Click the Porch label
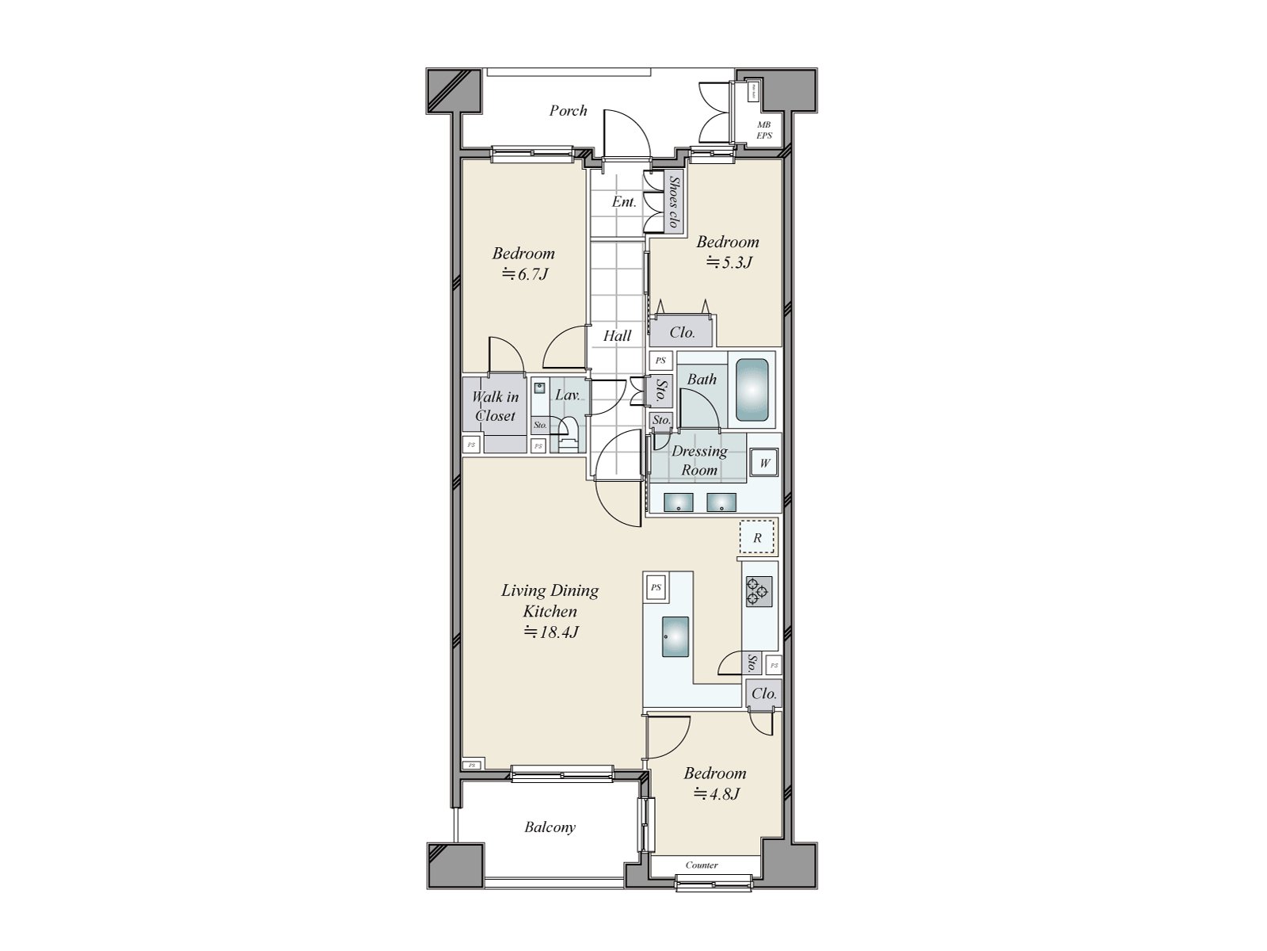569,111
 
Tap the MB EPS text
763,130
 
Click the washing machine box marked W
764,463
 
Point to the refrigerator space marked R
758,538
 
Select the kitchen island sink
675,636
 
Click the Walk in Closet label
495,406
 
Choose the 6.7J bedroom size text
524,274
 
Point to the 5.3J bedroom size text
728,262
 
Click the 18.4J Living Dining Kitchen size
550,632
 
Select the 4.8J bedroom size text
717,793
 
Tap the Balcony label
550,827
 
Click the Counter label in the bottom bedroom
702,865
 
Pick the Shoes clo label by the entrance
674,202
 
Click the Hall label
617,336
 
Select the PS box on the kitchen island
656,587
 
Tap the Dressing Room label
699,460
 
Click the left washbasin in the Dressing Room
678,502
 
